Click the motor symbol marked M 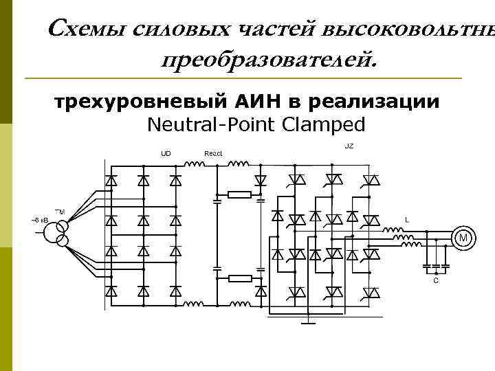(x=463, y=238)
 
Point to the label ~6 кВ (x=36, y=220)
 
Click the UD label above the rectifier (x=166, y=153)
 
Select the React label (x=213, y=153)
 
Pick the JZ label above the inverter (x=349, y=146)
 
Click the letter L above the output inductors (x=407, y=220)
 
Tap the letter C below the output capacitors (x=435, y=281)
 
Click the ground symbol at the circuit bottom (x=311, y=319)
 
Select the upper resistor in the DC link (x=239, y=194)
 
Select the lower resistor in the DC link (x=239, y=278)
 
